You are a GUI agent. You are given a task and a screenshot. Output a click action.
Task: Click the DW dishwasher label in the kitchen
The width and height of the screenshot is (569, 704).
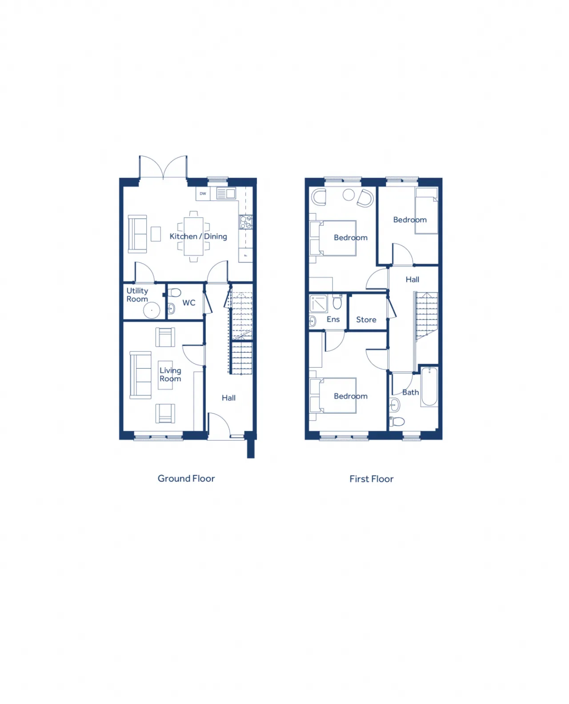click(x=203, y=194)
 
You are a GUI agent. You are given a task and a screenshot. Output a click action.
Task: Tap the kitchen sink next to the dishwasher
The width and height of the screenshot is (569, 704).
click(x=226, y=193)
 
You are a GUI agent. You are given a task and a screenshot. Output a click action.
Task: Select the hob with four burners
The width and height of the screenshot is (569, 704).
click(x=246, y=222)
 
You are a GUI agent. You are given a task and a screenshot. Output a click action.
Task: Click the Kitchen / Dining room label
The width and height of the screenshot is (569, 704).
click(x=198, y=236)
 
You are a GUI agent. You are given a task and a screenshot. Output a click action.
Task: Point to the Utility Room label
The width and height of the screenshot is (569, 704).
click(x=137, y=295)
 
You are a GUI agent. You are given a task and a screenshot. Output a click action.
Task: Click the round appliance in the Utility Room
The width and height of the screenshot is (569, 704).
click(x=152, y=310)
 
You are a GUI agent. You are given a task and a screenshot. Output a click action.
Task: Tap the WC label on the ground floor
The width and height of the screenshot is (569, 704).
click(x=188, y=303)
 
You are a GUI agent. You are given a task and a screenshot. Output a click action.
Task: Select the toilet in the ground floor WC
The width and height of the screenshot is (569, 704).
click(x=174, y=293)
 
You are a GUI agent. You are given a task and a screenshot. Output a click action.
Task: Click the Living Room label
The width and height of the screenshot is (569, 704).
click(x=170, y=374)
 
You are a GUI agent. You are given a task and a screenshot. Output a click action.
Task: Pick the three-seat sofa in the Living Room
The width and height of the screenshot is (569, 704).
click(x=140, y=375)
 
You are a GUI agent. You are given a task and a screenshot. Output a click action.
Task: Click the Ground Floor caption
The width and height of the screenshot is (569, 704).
click(x=186, y=479)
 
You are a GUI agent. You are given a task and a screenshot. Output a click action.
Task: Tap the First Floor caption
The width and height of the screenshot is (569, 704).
click(x=371, y=479)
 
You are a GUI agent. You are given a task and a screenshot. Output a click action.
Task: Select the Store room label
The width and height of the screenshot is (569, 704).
click(x=366, y=320)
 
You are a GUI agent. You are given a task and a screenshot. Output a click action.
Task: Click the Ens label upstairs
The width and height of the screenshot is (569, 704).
click(x=333, y=319)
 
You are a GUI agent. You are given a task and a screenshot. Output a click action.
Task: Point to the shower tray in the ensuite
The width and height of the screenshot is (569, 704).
click(x=319, y=304)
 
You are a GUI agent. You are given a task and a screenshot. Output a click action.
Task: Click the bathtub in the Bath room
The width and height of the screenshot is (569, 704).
click(x=429, y=386)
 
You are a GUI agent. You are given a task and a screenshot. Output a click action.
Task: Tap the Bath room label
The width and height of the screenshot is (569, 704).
click(x=410, y=392)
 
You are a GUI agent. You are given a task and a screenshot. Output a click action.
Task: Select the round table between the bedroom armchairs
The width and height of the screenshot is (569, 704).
click(x=349, y=195)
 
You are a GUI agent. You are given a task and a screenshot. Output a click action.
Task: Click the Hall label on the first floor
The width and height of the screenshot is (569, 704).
click(x=413, y=280)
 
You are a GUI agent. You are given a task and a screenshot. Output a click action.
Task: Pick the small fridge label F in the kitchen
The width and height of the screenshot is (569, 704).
click(x=245, y=255)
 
